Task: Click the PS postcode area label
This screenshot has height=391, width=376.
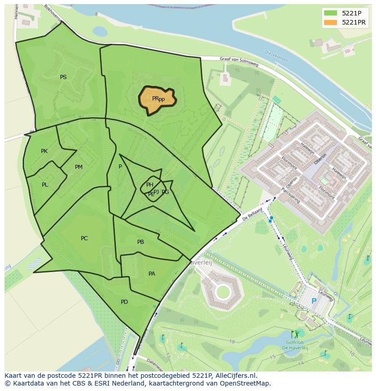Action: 63,77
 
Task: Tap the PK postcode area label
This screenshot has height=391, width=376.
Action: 44,151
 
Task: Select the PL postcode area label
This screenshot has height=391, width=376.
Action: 45,185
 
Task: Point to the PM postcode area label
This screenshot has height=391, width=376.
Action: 79,167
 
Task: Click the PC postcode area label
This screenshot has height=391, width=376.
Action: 84,238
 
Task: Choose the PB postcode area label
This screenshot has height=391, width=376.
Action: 140,242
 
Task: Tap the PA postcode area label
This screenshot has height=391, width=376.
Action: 152,274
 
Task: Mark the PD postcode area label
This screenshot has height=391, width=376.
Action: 124,302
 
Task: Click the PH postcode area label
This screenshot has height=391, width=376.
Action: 149,184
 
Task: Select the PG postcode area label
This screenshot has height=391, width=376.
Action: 165,192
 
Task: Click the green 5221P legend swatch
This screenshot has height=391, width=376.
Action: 331,13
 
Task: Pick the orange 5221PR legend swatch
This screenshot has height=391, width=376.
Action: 331,22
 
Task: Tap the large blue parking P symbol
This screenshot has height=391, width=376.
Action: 314,301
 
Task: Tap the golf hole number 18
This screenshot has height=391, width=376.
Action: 232,342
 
